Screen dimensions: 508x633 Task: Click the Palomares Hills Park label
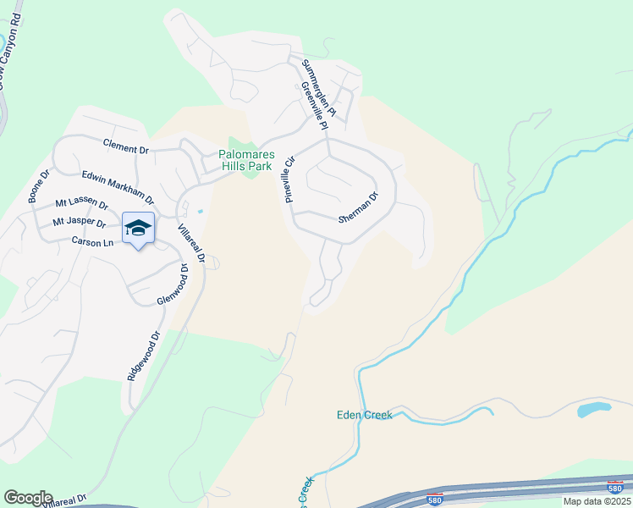coord(245,160)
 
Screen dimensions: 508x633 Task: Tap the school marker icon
coord(138,229)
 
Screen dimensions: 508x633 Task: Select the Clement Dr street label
coord(125,148)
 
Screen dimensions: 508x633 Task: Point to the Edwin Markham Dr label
coord(118,187)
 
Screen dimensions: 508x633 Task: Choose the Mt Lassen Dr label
coord(81,204)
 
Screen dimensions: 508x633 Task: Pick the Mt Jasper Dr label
coord(79,224)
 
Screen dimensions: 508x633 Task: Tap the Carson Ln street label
coord(92,242)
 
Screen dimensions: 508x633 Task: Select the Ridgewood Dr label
coord(143,356)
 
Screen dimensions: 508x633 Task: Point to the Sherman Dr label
coord(358,207)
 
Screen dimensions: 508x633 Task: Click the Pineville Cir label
coord(289,179)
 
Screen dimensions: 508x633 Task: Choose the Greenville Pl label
coord(312,106)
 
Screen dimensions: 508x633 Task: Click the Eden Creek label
coord(364,415)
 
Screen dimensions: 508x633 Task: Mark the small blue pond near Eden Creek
coord(594,410)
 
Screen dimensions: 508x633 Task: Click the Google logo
coord(28,498)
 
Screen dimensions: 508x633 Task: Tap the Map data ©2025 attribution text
coord(597,501)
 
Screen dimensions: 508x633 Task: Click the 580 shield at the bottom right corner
coord(617,487)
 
